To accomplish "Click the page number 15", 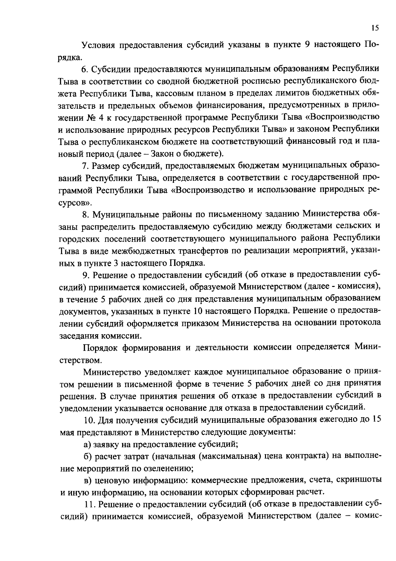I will [x=375, y=28].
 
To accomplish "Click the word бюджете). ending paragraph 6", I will [x=206, y=153].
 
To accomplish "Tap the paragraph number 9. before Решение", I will [x=85, y=275].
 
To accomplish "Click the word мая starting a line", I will [x=67, y=432].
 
